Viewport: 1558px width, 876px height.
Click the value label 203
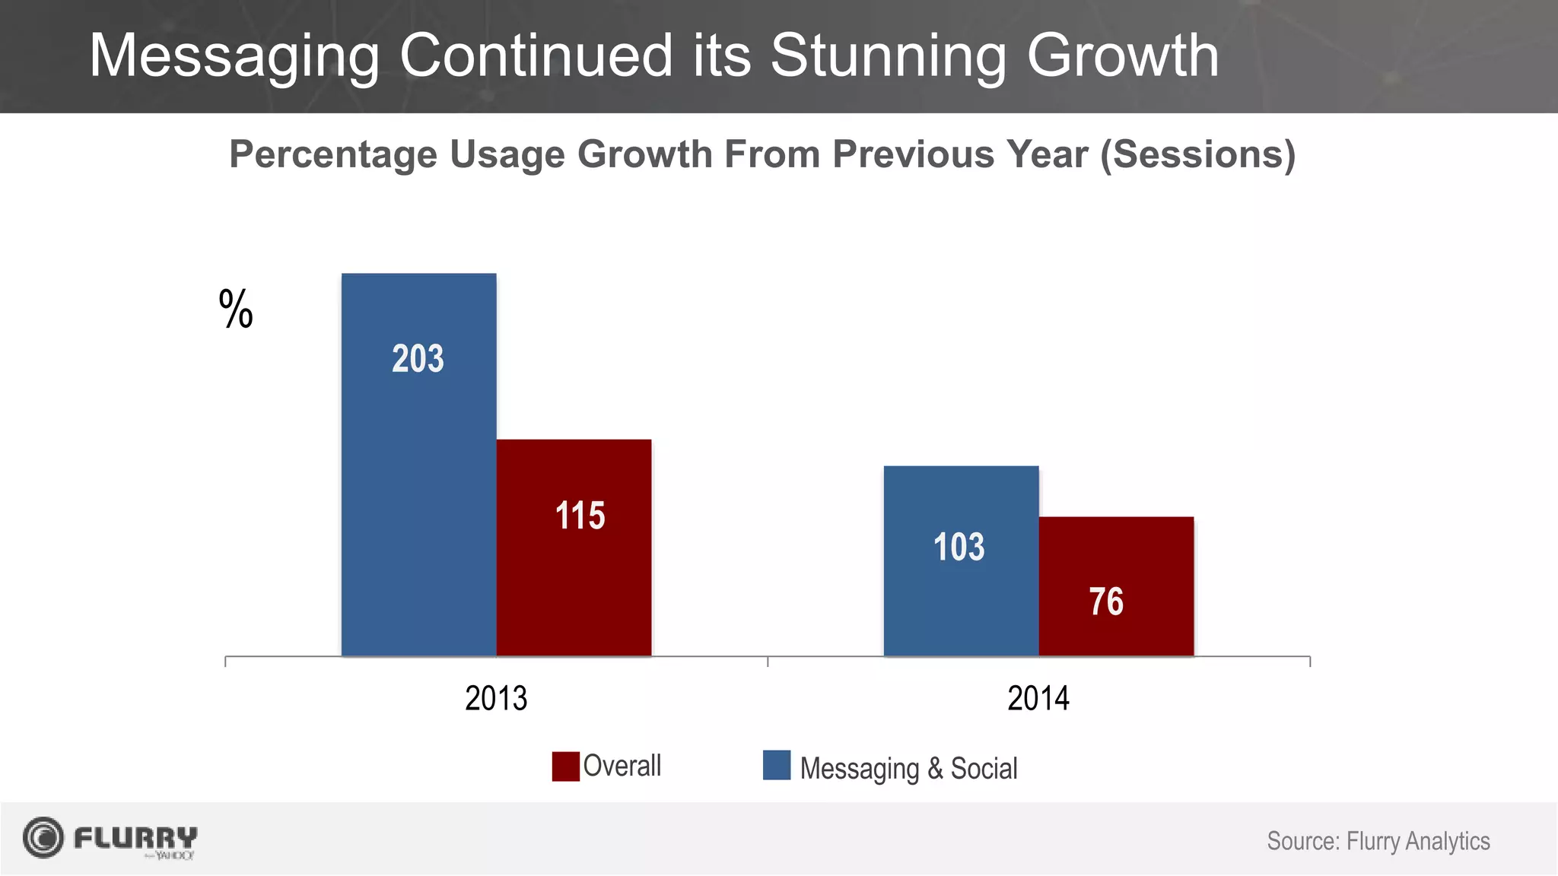coord(418,359)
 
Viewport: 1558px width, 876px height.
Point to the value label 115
coord(580,516)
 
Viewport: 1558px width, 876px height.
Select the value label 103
coord(959,547)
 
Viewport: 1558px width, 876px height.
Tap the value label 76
coord(1106,602)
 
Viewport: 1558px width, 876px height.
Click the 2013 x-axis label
coord(496,698)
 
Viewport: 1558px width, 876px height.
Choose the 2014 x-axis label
coord(1038,698)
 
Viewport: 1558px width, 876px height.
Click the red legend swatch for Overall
coord(565,766)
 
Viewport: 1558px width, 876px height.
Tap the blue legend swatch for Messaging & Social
coord(777,765)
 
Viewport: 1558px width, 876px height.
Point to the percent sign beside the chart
coord(236,309)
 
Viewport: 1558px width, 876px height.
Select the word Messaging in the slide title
coord(234,56)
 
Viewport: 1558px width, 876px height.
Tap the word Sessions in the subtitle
coord(1197,155)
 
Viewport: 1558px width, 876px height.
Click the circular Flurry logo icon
coord(43,838)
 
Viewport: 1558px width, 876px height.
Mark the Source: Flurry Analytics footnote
coord(1378,841)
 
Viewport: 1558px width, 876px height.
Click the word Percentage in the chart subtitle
coord(333,155)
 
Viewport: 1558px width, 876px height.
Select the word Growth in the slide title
coord(1123,56)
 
